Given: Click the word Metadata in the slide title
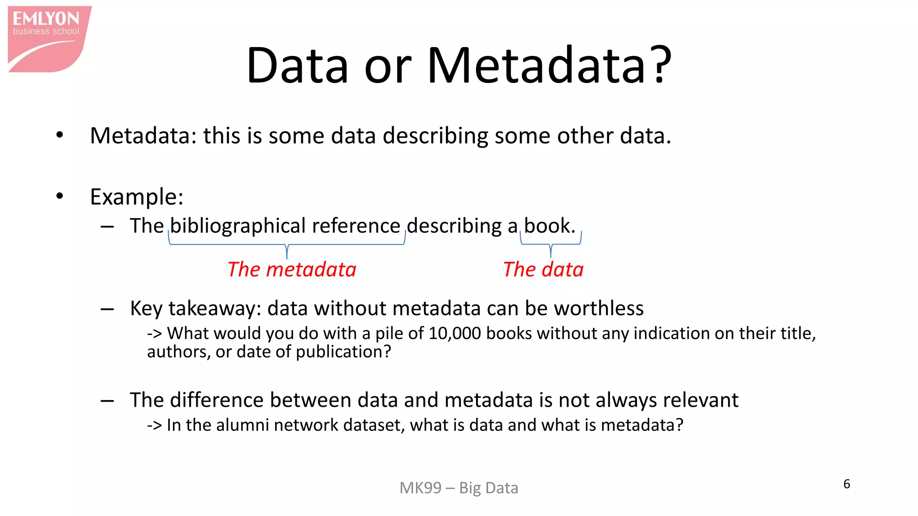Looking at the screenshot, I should (536, 65).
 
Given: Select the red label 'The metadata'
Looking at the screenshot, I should (292, 270).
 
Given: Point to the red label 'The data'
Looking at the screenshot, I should (543, 270).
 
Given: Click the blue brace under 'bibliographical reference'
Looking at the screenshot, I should (287, 245).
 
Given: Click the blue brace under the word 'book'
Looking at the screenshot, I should (551, 245).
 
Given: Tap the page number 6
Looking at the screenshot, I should (847, 484).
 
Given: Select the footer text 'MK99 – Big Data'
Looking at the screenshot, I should (459, 488).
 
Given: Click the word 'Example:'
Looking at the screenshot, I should (137, 197).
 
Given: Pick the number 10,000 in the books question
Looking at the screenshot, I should (455, 334).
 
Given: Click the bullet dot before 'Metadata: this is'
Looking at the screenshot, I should (60, 135).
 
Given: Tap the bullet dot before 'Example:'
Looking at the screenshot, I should (60, 196).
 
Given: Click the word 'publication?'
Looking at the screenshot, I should (343, 352).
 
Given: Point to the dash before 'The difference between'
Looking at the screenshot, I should (107, 400).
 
